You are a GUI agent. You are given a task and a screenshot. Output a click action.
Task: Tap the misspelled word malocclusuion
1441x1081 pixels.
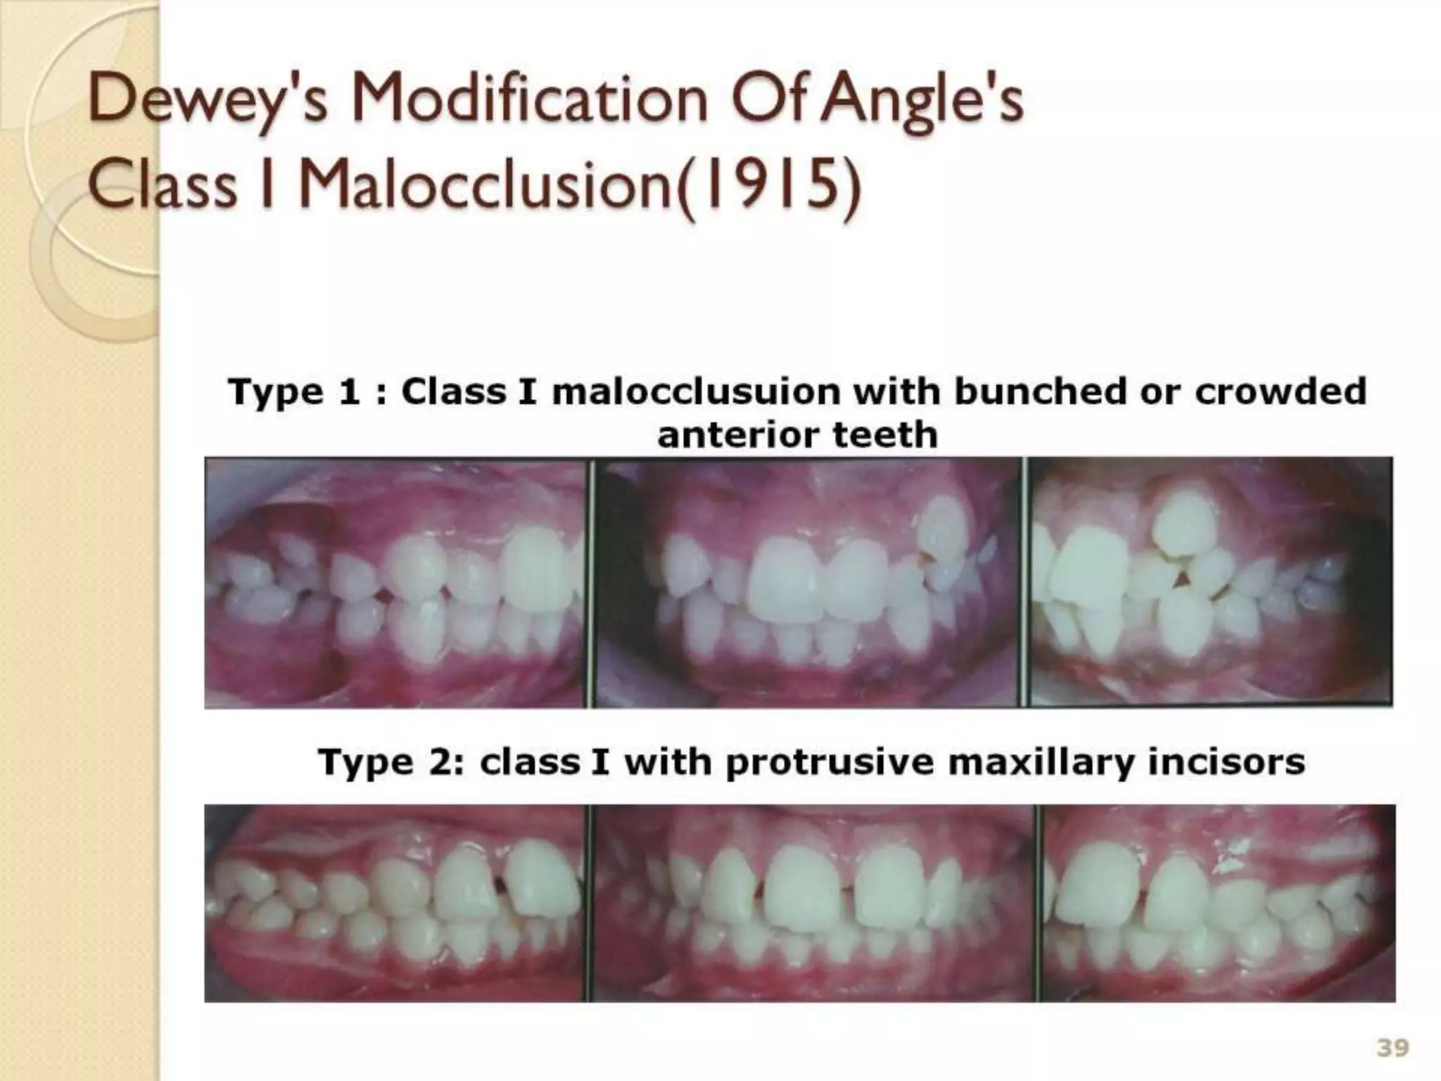pos(696,392)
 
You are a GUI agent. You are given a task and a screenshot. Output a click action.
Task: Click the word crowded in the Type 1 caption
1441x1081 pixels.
pos(1281,392)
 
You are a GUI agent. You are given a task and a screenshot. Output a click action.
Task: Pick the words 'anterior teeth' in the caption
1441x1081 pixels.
pos(797,435)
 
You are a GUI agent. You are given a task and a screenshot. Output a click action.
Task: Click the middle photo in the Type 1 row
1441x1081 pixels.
pos(806,583)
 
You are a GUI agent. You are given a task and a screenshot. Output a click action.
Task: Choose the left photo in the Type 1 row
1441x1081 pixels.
pos(395,583)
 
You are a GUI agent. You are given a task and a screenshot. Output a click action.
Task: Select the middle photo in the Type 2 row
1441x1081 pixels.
pos(813,903)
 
